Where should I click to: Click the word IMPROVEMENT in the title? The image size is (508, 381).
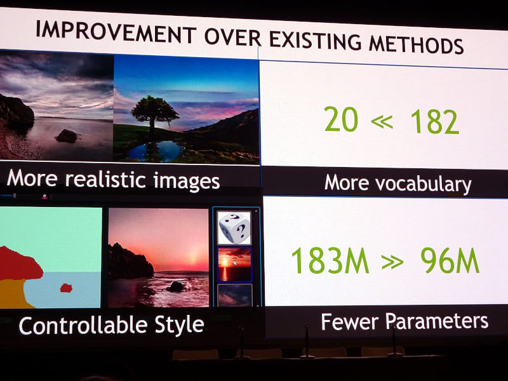(116, 32)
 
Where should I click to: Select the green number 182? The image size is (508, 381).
(434, 121)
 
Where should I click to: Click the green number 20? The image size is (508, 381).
(341, 119)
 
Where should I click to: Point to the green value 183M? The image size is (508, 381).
(330, 260)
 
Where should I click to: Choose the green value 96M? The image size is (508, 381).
(450, 260)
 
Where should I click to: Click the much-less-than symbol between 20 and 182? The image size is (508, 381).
(382, 121)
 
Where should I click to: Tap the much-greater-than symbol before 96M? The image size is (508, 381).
(392, 262)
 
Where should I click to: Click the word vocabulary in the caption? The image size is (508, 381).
(424, 184)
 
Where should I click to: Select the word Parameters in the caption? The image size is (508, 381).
(437, 321)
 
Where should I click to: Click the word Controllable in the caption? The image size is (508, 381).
(83, 325)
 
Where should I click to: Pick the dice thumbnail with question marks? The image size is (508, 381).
(234, 228)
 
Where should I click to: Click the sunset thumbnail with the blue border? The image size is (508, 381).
(234, 265)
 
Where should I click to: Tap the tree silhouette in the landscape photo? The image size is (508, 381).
(154, 114)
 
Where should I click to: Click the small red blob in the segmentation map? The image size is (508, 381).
(66, 288)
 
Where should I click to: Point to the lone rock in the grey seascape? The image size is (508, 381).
(67, 136)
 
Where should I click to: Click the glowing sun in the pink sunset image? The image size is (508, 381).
(194, 258)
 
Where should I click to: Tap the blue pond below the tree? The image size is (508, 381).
(159, 150)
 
